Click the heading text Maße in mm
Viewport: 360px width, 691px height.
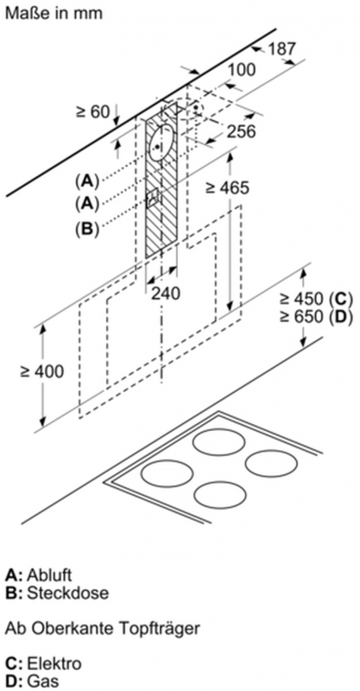(x=54, y=13)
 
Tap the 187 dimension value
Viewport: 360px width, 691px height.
(x=282, y=48)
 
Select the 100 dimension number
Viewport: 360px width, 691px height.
(x=242, y=70)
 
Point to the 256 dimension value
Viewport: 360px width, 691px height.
(x=242, y=131)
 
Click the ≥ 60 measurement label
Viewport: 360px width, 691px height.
(x=93, y=112)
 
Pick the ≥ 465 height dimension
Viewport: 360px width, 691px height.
(x=227, y=188)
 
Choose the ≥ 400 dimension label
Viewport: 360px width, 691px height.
(x=41, y=371)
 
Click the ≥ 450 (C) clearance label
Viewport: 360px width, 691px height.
(x=316, y=299)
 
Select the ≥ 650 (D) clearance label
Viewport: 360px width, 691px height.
(x=316, y=317)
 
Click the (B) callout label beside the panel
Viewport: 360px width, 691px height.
(x=87, y=229)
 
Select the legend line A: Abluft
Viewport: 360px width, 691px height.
(x=38, y=575)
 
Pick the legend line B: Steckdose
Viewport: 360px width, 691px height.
(x=57, y=593)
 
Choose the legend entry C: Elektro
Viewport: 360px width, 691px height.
(x=43, y=663)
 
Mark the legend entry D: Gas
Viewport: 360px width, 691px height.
(x=32, y=681)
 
